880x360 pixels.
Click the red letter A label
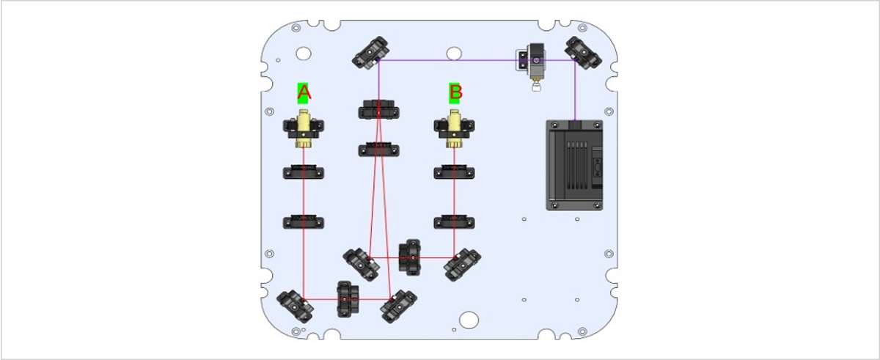tap(304, 92)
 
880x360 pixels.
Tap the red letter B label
tap(455, 92)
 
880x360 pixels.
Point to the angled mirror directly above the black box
tap(584, 53)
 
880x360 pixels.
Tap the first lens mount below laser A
tap(304, 173)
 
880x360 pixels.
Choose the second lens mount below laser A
tap(304, 221)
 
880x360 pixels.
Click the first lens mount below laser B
tap(455, 173)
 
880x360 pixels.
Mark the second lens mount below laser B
tap(455, 221)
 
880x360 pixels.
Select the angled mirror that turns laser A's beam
tap(296, 307)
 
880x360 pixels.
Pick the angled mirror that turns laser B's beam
tap(463, 264)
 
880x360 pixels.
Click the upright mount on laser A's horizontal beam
tap(347, 298)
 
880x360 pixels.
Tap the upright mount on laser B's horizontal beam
tap(410, 256)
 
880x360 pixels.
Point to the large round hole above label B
tap(455, 53)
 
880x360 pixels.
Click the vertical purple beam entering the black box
tap(574, 92)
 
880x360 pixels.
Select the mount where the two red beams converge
tap(378, 111)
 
